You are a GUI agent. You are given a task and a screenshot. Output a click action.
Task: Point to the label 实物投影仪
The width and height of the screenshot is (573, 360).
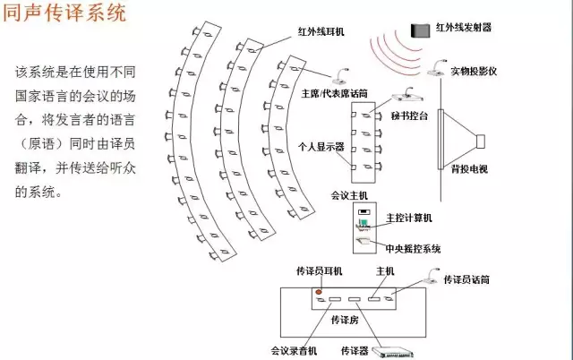pos(472,69)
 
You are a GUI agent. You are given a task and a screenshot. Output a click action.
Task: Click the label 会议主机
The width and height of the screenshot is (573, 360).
pos(349,193)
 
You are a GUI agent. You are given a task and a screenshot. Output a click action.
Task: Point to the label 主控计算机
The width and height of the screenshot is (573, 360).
pos(408,218)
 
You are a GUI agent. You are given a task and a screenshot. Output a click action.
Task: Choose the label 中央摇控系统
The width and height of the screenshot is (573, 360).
pos(412,248)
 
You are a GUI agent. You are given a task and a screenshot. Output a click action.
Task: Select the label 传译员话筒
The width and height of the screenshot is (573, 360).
pos(466,279)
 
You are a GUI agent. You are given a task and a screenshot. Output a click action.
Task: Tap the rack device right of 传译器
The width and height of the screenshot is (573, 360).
pos(398,351)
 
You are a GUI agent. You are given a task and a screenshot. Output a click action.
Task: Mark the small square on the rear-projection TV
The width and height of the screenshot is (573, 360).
pos(480,141)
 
